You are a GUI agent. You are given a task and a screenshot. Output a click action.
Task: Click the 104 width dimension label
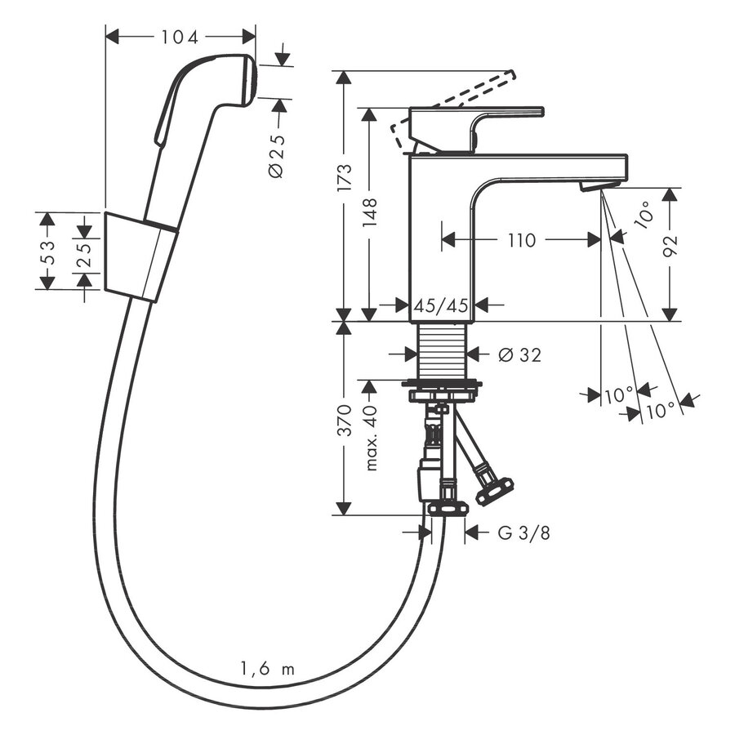pyautogui.click(x=180, y=37)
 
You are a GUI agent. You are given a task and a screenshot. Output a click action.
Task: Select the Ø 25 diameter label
pyautogui.click(x=276, y=156)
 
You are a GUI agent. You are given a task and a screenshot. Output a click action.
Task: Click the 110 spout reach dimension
pyautogui.click(x=521, y=239)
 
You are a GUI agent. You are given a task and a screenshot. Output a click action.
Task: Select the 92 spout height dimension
pyautogui.click(x=670, y=244)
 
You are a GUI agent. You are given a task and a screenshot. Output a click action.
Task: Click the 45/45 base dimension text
pyautogui.click(x=441, y=305)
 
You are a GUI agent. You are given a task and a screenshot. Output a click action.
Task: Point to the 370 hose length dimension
pyautogui.click(x=345, y=419)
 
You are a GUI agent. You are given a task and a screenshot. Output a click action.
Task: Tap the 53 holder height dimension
pyautogui.click(x=47, y=252)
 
